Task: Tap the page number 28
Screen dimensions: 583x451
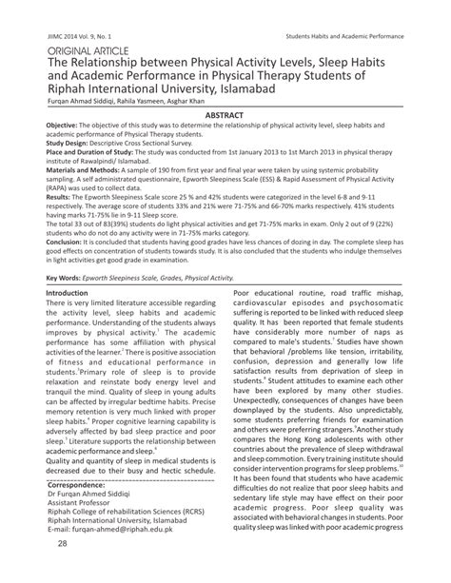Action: click(x=62, y=570)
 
